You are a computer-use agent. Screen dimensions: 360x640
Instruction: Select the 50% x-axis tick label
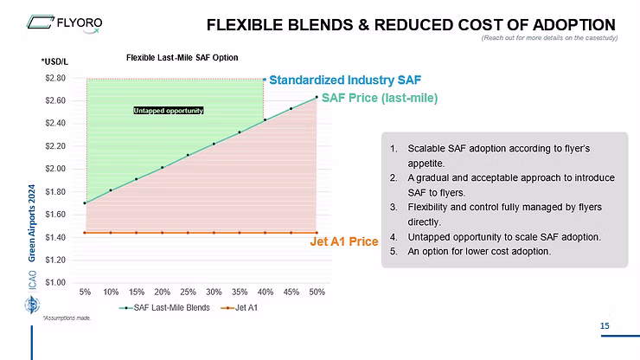point(317,292)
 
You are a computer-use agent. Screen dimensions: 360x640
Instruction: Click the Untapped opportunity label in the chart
point(168,111)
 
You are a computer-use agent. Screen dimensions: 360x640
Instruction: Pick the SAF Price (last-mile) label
point(379,98)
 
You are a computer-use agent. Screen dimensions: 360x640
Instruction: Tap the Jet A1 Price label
point(344,241)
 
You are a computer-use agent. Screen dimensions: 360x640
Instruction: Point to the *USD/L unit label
point(54,61)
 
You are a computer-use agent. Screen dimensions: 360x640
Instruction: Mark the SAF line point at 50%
point(317,97)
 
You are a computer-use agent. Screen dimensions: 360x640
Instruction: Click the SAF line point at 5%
point(85,203)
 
